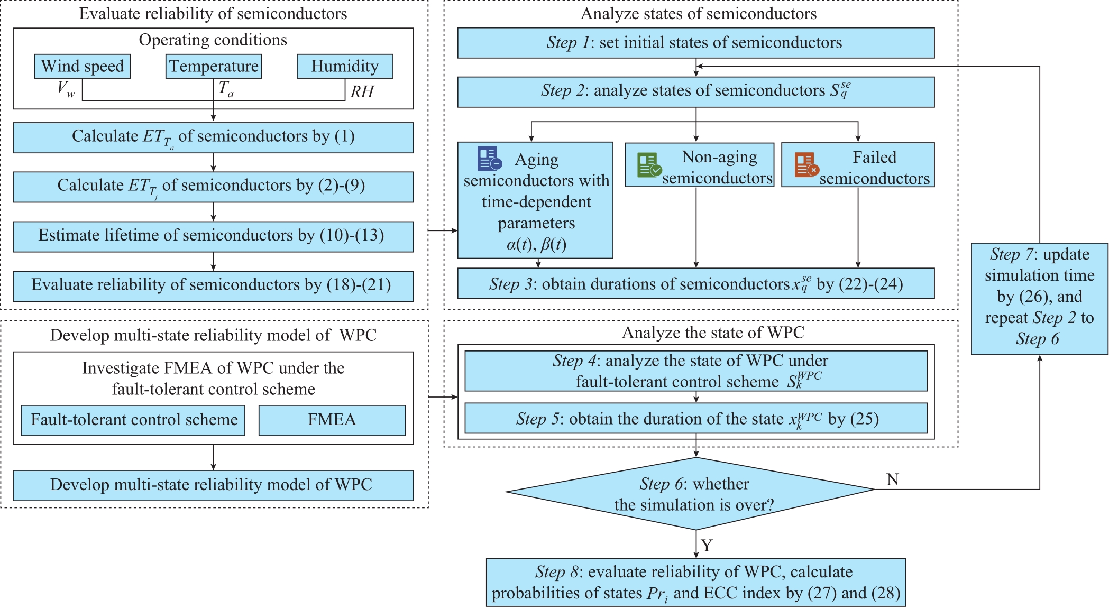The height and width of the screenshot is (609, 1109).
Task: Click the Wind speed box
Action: (82, 66)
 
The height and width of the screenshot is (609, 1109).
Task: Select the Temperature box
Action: (214, 66)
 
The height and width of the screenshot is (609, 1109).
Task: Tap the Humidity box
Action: (345, 66)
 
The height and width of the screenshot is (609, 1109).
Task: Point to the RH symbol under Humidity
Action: (362, 92)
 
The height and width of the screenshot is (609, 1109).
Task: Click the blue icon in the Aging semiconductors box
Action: (489, 159)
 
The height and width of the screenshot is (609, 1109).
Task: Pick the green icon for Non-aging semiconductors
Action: (649, 165)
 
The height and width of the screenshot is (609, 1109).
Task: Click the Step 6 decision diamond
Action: (691, 493)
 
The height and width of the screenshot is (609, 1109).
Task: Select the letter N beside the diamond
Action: (893, 479)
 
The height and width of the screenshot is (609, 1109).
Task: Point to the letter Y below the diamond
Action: (707, 545)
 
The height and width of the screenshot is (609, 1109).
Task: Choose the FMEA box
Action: (332, 420)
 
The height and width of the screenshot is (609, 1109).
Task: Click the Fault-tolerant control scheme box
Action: (133, 420)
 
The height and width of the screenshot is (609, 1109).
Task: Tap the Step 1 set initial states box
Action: (696, 43)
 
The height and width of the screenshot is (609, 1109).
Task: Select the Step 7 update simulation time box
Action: (1040, 299)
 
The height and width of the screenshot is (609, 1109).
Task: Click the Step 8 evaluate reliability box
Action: (696, 582)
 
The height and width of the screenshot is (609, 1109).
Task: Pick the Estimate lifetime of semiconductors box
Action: (213, 236)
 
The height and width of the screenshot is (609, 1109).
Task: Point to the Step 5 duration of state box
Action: (696, 418)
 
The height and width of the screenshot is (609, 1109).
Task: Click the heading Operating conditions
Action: (213, 40)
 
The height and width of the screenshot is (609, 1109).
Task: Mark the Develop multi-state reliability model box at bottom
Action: (213, 485)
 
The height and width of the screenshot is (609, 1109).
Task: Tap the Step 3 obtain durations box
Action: (696, 283)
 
